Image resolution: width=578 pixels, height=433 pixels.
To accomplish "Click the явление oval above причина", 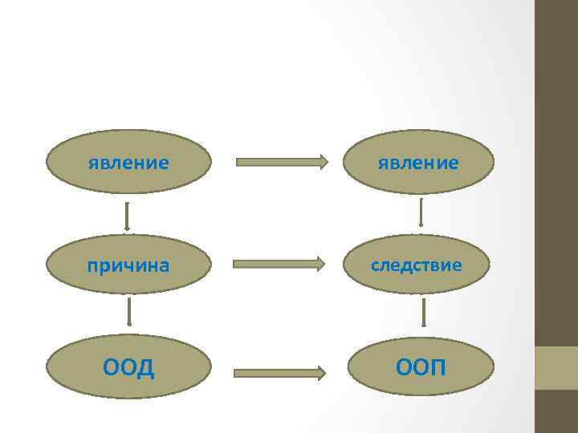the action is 128,163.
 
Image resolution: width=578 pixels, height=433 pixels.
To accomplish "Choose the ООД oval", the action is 128,367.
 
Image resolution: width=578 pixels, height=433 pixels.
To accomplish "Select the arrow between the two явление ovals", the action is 282,162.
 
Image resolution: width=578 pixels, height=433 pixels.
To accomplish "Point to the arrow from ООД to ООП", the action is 279,372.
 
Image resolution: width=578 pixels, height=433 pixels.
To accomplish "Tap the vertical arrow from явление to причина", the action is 127,215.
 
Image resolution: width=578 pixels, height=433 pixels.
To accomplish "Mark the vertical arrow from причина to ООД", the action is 129,313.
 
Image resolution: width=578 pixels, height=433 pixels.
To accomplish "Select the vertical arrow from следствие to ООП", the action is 423,312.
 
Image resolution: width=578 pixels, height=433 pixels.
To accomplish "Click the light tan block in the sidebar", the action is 556,367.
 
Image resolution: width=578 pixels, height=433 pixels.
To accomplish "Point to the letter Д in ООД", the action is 144,367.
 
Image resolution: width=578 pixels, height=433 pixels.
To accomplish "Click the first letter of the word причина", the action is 92,265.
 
